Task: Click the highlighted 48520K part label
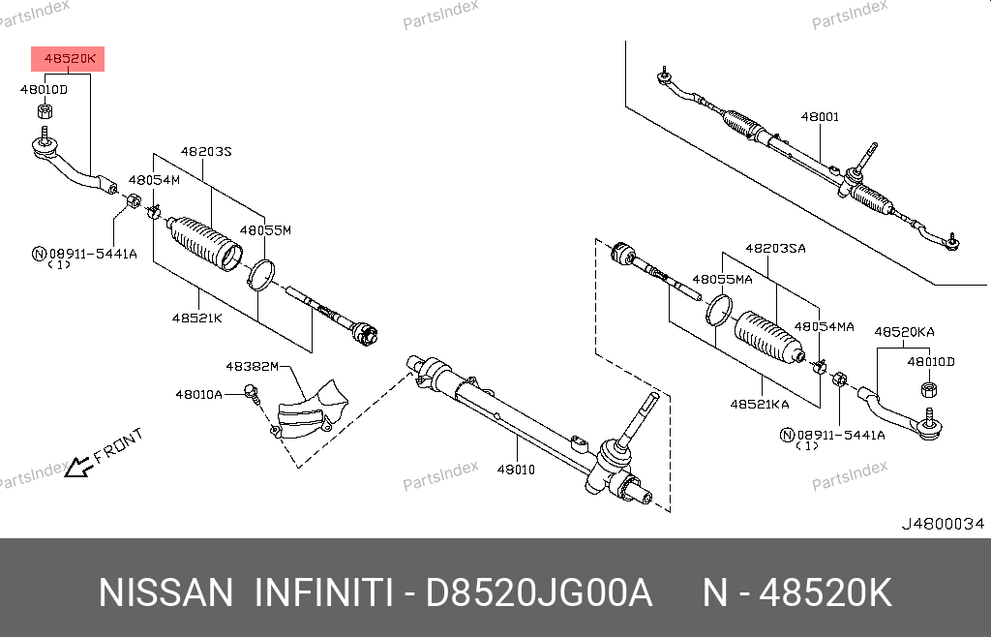(x=69, y=59)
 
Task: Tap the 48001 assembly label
(x=820, y=116)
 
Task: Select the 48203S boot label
(x=206, y=152)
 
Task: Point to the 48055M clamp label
(x=265, y=230)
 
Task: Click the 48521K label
(x=197, y=318)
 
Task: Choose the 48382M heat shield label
(x=253, y=367)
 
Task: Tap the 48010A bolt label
(x=198, y=395)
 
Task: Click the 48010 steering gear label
(x=516, y=470)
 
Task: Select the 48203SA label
(x=775, y=249)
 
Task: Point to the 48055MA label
(x=722, y=280)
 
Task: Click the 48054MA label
(x=825, y=326)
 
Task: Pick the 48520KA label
(x=904, y=332)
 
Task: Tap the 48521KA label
(x=760, y=404)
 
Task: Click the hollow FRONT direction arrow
(x=78, y=467)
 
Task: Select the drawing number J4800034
(x=943, y=524)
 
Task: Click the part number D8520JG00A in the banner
(x=538, y=593)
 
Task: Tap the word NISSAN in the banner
(x=166, y=593)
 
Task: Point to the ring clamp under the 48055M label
(x=261, y=275)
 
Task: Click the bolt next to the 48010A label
(x=252, y=393)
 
